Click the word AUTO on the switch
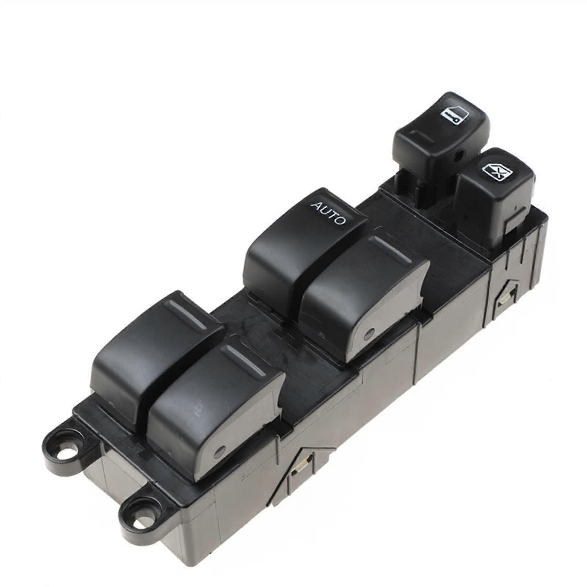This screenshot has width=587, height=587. pyautogui.click(x=329, y=213)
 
